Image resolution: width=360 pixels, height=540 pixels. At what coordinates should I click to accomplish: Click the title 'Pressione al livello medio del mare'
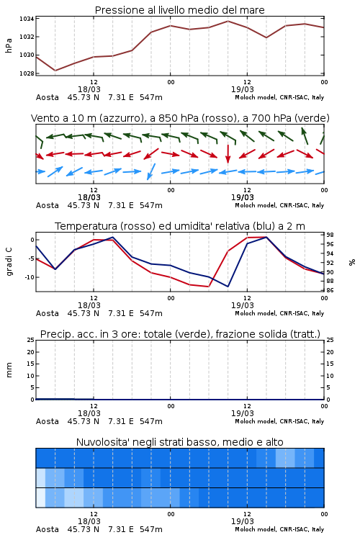179,10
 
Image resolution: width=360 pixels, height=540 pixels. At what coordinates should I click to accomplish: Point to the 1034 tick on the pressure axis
26,19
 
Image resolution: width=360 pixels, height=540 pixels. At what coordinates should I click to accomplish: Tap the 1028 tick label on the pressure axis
26,73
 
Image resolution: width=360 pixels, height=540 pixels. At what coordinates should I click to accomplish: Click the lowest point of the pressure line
55,71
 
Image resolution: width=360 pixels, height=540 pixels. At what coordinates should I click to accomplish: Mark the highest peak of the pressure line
228,21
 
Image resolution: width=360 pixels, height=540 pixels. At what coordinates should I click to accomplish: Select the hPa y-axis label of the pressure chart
9,45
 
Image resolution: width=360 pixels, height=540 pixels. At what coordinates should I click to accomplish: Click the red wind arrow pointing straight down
228,153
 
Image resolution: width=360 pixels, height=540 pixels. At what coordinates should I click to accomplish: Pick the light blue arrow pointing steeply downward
151,171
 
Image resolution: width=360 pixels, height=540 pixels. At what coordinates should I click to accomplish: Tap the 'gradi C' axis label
9,262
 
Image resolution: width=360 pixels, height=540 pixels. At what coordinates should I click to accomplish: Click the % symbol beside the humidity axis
352,262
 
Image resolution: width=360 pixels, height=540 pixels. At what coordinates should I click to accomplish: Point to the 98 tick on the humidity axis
330,235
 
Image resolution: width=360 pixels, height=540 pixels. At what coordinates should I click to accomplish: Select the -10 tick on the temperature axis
30,277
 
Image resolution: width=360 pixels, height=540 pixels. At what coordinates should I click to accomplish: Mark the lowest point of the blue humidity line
228,287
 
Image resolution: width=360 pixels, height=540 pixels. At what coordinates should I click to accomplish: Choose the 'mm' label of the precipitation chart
9,370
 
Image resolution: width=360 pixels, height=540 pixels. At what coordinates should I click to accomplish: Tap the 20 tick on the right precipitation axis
330,352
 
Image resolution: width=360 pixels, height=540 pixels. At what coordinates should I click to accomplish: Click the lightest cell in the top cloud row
285,458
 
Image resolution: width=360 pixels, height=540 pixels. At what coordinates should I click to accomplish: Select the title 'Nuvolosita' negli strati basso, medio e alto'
179,442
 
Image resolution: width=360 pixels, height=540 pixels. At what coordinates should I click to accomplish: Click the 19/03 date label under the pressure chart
243,89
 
